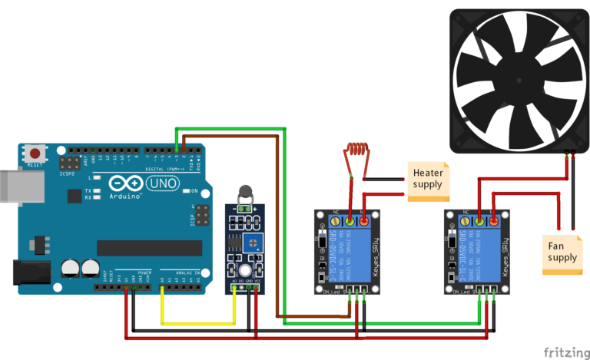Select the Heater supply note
[428, 180]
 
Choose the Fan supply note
[562, 253]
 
